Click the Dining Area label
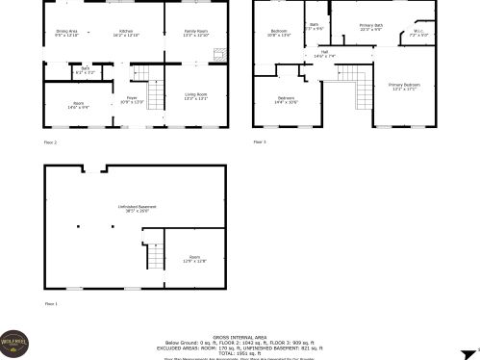66,32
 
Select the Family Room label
195,32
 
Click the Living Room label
195,95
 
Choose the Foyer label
132,97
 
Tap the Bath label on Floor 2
85,69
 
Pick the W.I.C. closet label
418,32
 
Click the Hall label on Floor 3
325,52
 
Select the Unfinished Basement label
132,206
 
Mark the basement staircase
153,252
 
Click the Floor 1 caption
51,304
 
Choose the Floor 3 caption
260,142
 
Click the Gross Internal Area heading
240,333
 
